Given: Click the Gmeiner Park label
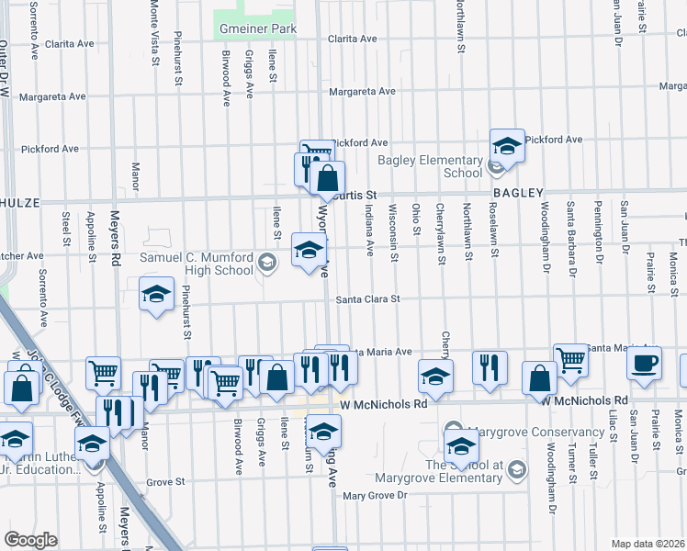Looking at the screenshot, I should (257, 29).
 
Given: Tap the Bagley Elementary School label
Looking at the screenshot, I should (431, 166).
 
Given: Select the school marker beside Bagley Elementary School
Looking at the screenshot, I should (506, 146).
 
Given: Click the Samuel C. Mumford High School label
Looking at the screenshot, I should (197, 264).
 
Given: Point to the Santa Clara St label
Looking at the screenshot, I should (367, 298).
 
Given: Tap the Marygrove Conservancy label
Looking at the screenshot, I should (522, 433).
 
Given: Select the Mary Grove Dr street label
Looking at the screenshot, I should (374, 496).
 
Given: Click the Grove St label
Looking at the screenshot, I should (166, 481).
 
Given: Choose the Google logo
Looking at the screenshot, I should (30, 540).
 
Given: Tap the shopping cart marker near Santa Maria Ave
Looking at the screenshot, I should (570, 360).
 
